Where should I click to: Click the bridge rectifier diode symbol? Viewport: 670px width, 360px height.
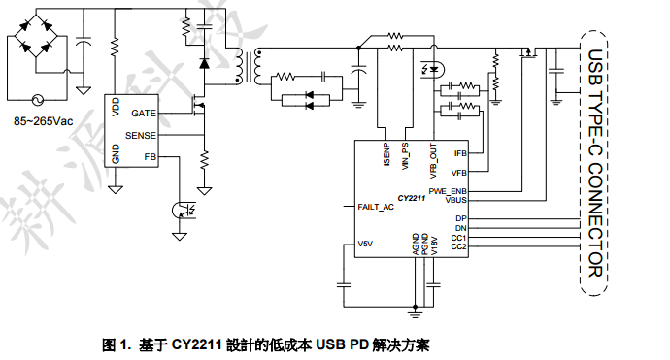(40, 40)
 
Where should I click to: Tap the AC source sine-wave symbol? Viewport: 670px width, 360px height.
(40, 99)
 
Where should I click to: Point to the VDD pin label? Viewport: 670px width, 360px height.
(117, 107)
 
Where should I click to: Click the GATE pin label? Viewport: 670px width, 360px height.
(143, 114)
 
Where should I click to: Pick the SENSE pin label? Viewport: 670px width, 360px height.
(141, 136)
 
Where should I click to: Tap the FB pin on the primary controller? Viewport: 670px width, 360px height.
(150, 156)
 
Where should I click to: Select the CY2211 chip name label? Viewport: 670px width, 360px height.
(412, 197)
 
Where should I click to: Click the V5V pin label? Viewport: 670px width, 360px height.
(366, 243)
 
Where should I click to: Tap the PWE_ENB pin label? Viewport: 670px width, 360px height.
(448, 190)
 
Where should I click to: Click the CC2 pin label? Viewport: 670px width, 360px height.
(459, 246)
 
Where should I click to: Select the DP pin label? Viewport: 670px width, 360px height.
(461, 218)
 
